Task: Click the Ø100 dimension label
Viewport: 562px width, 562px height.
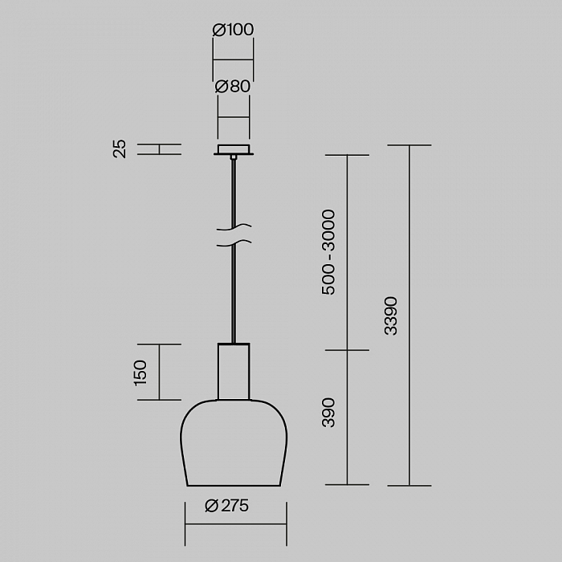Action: [233, 30]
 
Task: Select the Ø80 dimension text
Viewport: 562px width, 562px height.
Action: [233, 87]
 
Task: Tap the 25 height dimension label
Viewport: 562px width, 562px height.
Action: [120, 149]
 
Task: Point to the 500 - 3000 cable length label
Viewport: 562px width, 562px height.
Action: [328, 252]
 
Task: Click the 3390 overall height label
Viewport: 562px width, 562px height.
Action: [391, 316]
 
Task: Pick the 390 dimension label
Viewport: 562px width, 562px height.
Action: [328, 413]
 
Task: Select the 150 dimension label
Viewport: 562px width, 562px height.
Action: [140, 373]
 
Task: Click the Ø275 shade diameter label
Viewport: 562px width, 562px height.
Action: [227, 506]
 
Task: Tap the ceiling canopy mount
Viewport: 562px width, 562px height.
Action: [234, 150]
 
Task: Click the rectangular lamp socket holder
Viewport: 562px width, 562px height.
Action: [234, 371]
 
